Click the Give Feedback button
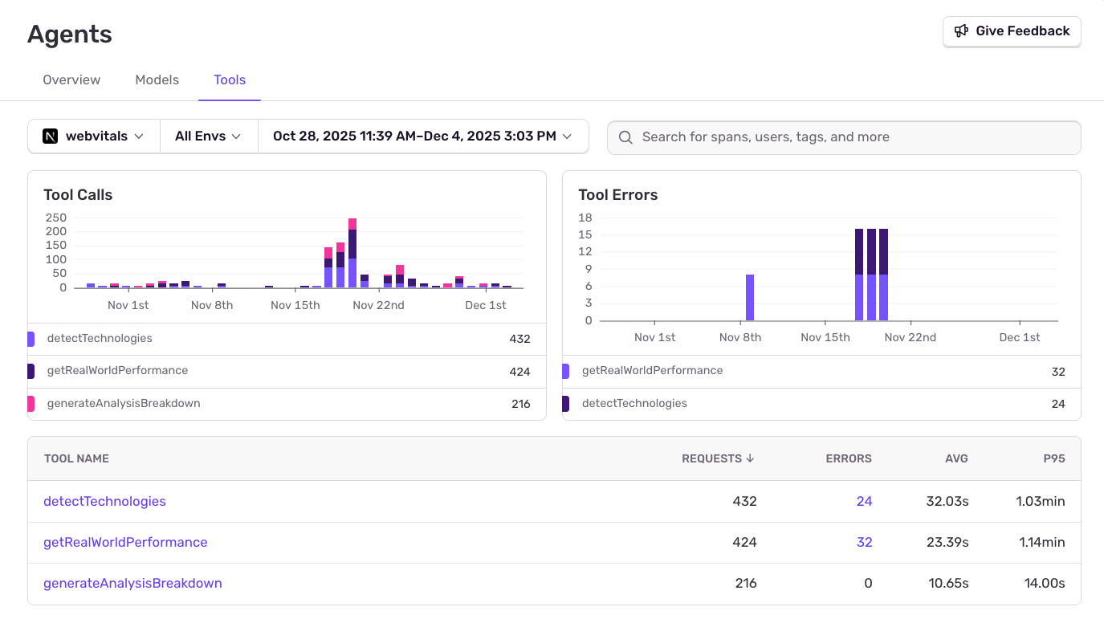[1012, 31]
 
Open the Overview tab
[71, 79]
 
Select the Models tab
[157, 79]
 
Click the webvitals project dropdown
[94, 136]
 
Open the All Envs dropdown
[208, 136]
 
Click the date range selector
[422, 136]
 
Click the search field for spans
[843, 137]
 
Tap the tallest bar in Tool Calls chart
[352, 252]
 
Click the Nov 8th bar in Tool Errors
[750, 297]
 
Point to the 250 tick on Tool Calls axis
[56, 218]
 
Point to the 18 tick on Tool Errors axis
[585, 218]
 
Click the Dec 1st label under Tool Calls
[486, 305]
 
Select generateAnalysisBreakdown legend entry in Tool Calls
[123, 403]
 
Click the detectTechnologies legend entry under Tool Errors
[634, 403]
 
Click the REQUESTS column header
[717, 458]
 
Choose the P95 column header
[1053, 458]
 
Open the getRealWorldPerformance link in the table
[125, 542]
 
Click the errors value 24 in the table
[864, 501]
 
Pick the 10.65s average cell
[948, 583]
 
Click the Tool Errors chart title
[617, 195]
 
